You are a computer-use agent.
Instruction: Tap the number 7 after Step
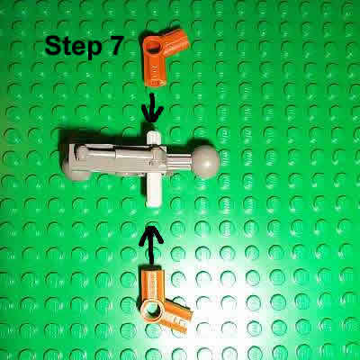pyautogui.click(x=117, y=46)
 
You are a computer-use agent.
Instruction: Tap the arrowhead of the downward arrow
pyautogui.click(x=154, y=117)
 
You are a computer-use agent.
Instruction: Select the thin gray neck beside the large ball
pyautogui.click(x=184, y=163)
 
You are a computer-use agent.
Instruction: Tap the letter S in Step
pyautogui.click(x=54, y=46)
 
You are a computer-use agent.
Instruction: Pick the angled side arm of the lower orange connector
pyautogui.click(x=178, y=314)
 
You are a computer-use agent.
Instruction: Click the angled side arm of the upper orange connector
pyautogui.click(x=179, y=40)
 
